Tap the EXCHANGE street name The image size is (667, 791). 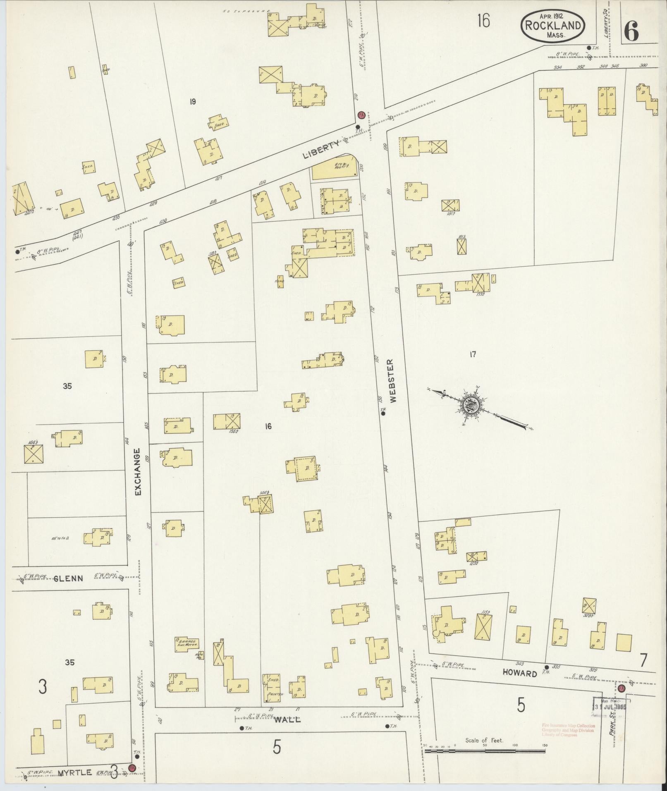(x=138, y=472)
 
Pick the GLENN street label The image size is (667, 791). (x=69, y=578)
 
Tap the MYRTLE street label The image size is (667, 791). (x=74, y=772)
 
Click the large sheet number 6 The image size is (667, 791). (x=631, y=30)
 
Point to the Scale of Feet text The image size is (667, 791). (x=484, y=740)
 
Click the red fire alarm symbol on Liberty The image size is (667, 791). (x=361, y=115)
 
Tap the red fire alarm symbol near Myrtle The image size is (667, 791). (x=132, y=768)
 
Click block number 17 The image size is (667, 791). (x=473, y=354)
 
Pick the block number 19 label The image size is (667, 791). (x=192, y=101)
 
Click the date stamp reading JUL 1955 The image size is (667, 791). (x=611, y=707)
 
